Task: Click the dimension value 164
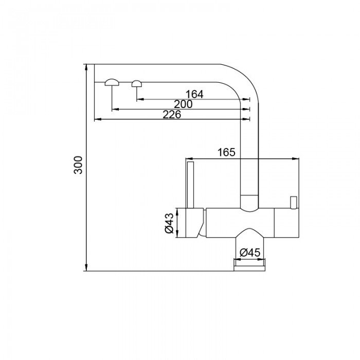coord(194,94)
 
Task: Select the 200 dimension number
coord(183,104)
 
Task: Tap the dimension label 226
coord(172,115)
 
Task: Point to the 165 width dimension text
coord(226,152)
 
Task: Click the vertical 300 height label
coord(78,165)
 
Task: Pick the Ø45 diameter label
coord(250,253)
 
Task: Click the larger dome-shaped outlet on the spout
coord(112,82)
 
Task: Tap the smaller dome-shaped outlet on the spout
coord(137,83)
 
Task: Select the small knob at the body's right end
coord(294,203)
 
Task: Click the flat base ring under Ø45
coord(250,264)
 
